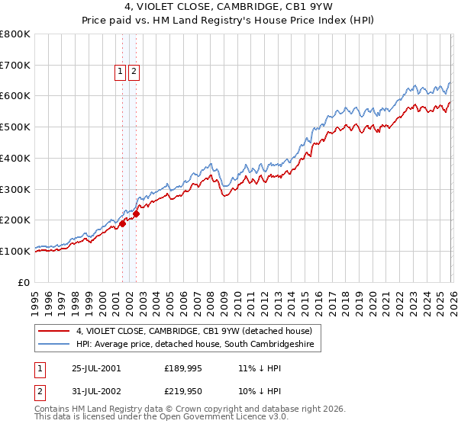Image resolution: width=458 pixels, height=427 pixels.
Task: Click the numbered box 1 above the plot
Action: coord(121,72)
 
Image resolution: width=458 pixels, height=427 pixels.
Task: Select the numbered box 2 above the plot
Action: coord(134,72)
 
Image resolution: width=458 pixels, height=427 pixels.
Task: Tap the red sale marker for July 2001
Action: coord(122,223)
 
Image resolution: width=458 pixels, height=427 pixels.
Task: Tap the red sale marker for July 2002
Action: coord(136,214)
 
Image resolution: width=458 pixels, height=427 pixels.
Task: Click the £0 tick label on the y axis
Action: coord(24,282)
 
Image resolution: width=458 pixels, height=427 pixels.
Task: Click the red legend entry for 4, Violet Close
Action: coord(194,332)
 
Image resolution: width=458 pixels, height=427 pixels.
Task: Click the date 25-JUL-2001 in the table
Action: coord(96,368)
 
